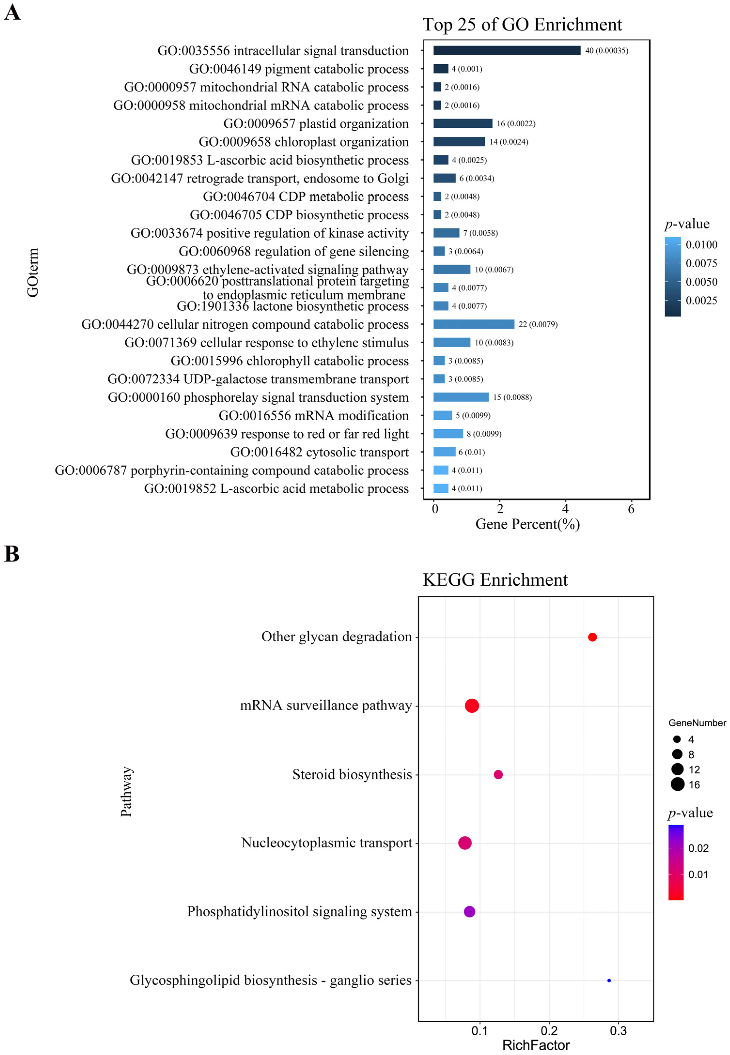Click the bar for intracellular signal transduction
pyautogui.click(x=507, y=51)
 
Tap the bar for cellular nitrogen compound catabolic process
pyautogui.click(x=474, y=324)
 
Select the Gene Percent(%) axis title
pyautogui.click(x=527, y=524)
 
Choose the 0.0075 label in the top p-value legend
pyautogui.click(x=701, y=263)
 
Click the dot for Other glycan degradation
pyautogui.click(x=592, y=637)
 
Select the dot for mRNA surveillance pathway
pyautogui.click(x=472, y=706)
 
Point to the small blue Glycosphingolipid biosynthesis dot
pyautogui.click(x=609, y=980)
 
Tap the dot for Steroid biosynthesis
pyautogui.click(x=498, y=774)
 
